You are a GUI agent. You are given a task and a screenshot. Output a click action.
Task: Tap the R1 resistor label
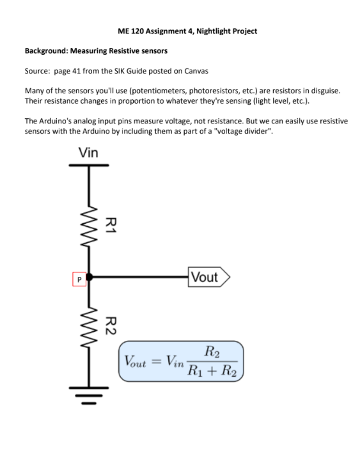[x=111, y=225]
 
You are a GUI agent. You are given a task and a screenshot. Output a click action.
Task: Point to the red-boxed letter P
[x=79, y=279]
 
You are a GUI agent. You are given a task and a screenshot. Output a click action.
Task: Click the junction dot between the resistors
[x=90, y=277]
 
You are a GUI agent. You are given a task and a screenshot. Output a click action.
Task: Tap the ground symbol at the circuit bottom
[x=90, y=396]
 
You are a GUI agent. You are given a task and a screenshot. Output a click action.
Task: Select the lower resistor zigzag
[x=90, y=326]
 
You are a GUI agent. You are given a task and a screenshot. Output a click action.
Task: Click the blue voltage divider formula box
[x=182, y=361]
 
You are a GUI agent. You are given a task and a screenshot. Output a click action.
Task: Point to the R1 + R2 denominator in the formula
[x=212, y=371]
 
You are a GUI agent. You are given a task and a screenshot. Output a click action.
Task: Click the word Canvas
[x=196, y=70]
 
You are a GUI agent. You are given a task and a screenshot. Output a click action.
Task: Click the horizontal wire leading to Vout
[x=141, y=277]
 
